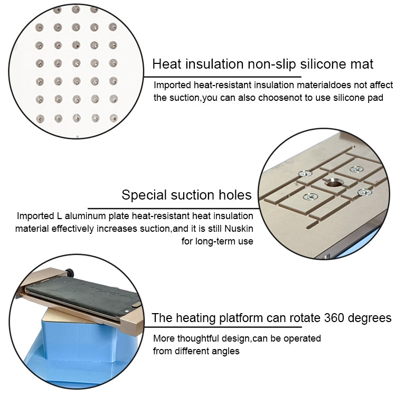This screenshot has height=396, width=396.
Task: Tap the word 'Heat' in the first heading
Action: (167, 64)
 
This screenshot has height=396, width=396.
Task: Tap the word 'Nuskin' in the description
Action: (239, 229)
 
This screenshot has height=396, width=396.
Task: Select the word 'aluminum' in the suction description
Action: (85, 216)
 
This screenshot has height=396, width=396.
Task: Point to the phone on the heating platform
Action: (83, 296)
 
